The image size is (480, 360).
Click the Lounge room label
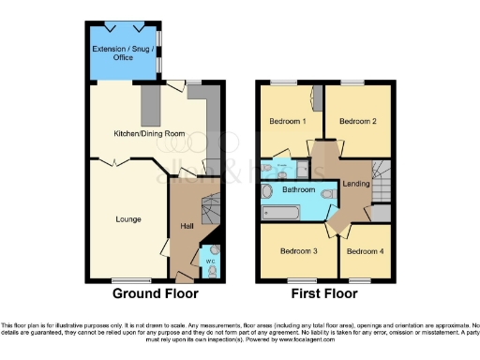pyautogui.click(x=128, y=219)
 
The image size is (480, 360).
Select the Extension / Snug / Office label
pyautogui.click(x=122, y=52)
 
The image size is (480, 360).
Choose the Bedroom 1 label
pyautogui.click(x=289, y=122)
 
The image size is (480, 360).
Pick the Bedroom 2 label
pyautogui.click(x=357, y=122)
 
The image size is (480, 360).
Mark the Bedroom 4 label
pyautogui.click(x=364, y=251)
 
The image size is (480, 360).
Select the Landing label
pyautogui.click(x=355, y=183)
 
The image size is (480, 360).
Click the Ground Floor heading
pyautogui.click(x=156, y=293)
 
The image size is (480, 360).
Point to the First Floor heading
pyautogui.click(x=324, y=293)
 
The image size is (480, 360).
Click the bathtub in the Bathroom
pyautogui.click(x=285, y=213)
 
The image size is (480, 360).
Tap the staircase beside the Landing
pyautogui.click(x=381, y=177)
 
